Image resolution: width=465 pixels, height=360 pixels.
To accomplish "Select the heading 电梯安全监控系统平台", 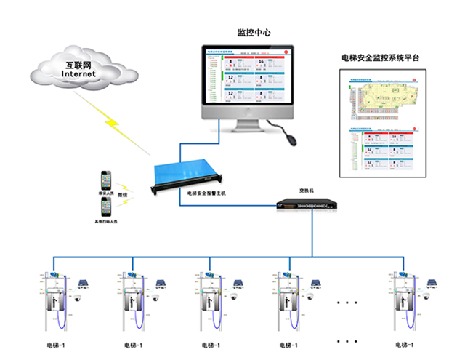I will [380, 57].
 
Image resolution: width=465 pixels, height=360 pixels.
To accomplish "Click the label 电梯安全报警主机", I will [208, 194].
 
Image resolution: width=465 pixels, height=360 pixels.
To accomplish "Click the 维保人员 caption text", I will [106, 194].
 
